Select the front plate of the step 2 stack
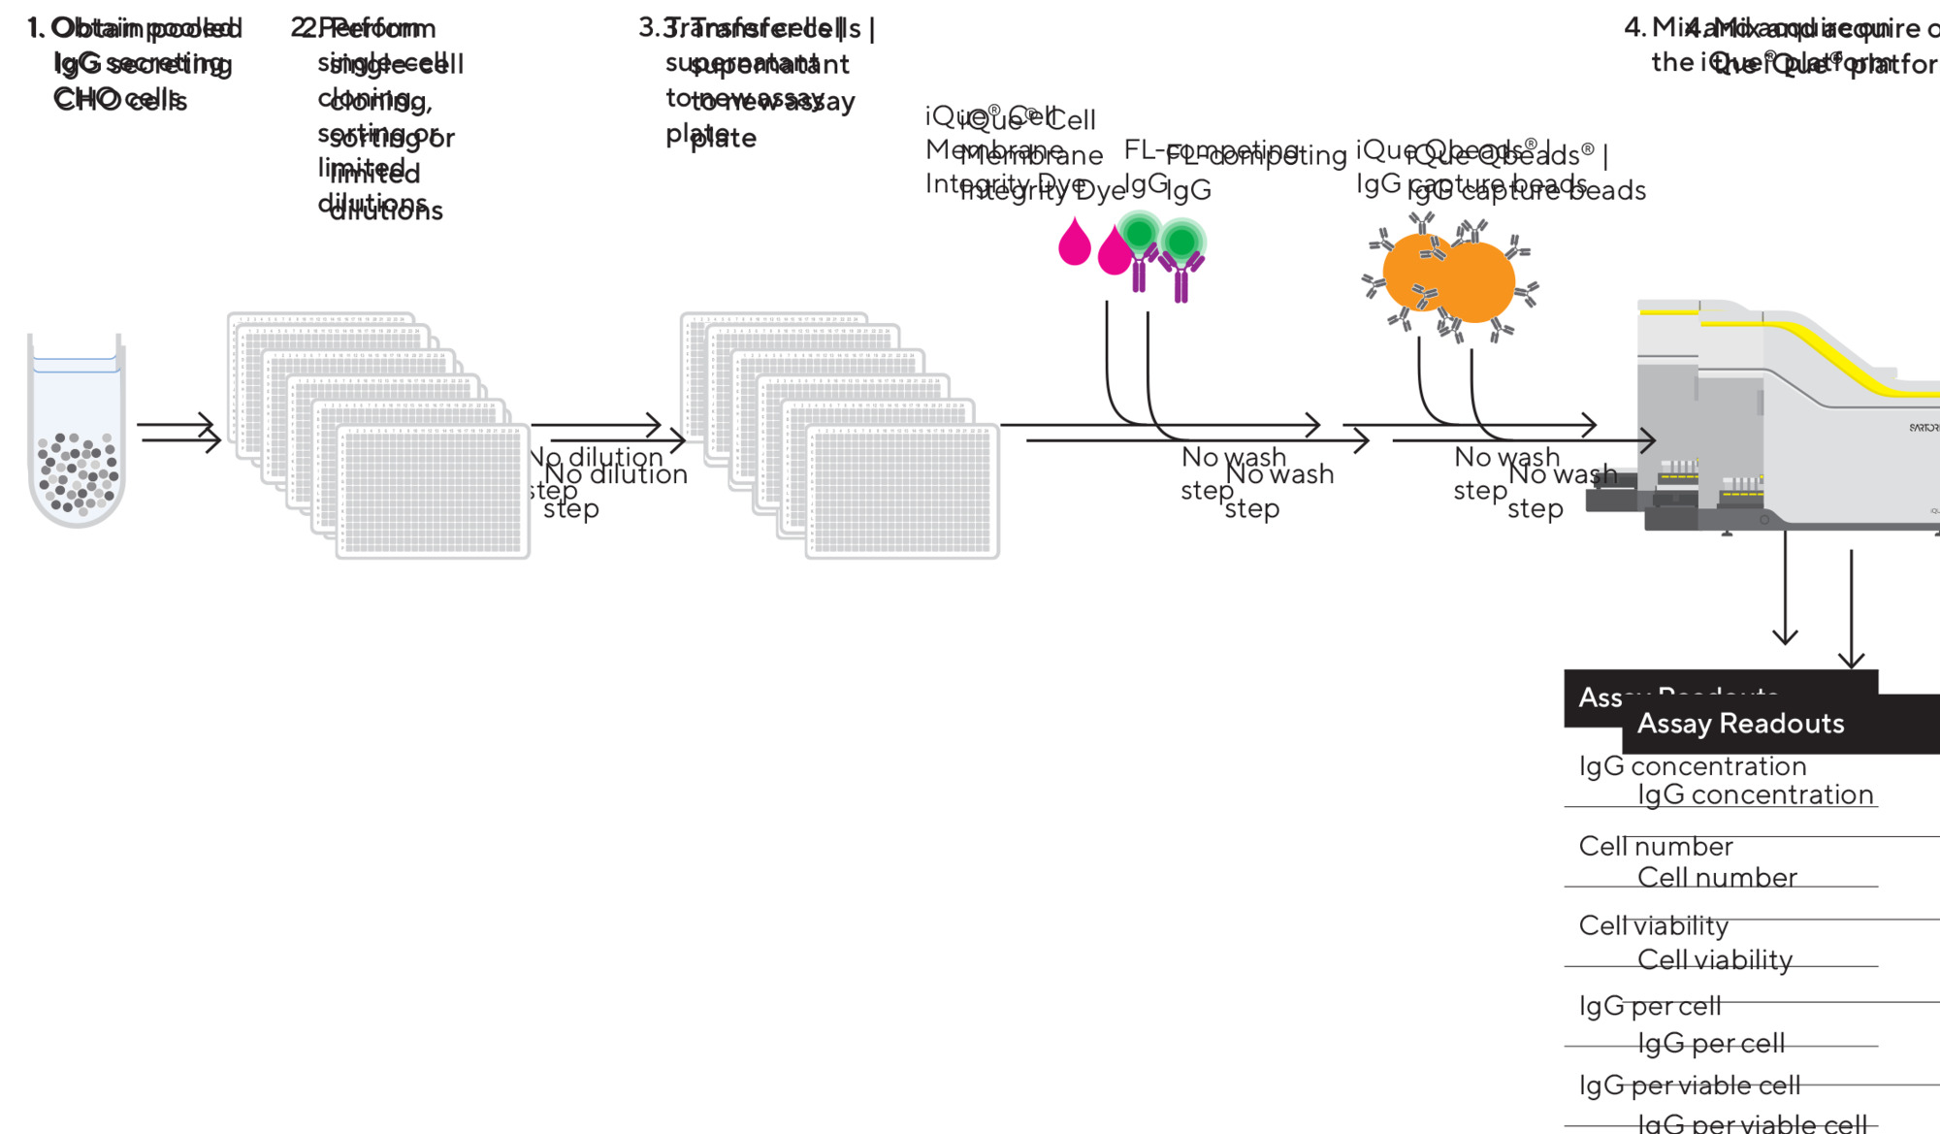click(433, 491)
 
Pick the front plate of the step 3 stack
click(902, 491)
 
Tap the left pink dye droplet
click(1074, 243)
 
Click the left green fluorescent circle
click(1139, 234)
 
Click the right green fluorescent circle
click(1181, 242)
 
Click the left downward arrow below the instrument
click(1785, 592)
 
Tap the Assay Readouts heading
click(1740, 724)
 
